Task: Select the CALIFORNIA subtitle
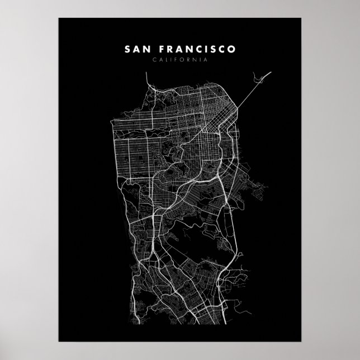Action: coord(179,60)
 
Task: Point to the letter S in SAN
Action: coord(127,50)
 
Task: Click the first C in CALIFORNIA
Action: coord(146,60)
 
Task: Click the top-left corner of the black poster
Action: coord(59,18)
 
